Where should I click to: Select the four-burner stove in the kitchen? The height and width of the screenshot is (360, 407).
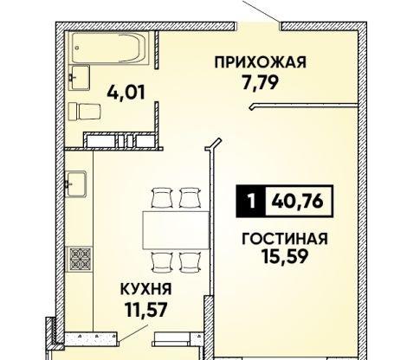(81, 257)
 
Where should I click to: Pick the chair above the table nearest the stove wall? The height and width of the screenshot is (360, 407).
(158, 197)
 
